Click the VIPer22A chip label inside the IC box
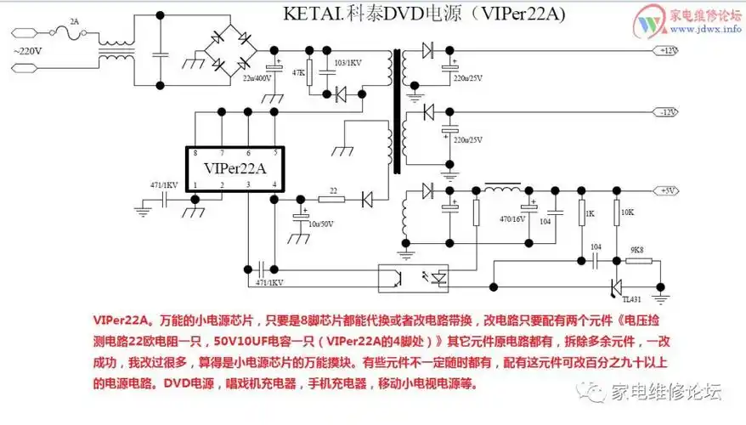(235, 167)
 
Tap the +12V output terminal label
(669, 51)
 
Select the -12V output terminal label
(669, 112)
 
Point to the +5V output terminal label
(669, 190)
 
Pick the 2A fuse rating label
(74, 21)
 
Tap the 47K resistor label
(298, 72)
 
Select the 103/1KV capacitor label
(348, 62)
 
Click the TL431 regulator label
(633, 299)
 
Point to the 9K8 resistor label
(637, 250)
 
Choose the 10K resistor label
(628, 212)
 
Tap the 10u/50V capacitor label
(319, 224)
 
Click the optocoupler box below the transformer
(416, 276)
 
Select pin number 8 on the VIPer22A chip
(195, 153)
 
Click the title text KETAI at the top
(308, 14)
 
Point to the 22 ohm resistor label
(333, 190)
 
